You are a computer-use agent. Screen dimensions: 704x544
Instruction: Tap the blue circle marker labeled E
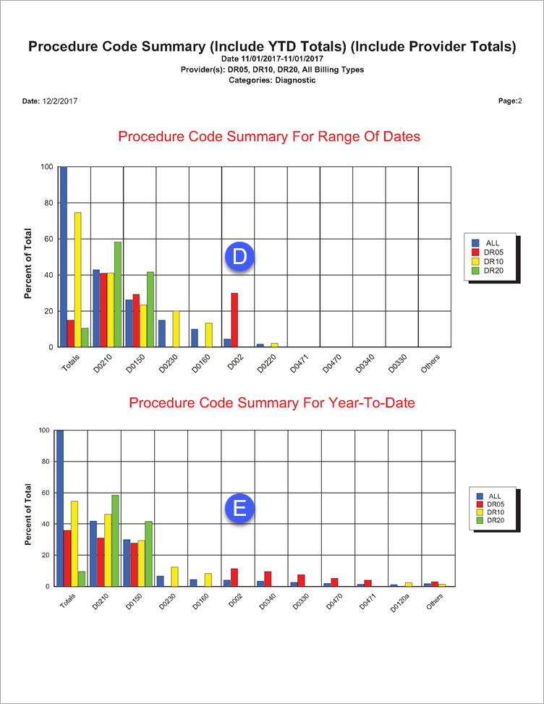(239, 507)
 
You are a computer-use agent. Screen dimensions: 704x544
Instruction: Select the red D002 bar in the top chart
(234, 320)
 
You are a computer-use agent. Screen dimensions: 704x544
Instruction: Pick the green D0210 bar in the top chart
(118, 294)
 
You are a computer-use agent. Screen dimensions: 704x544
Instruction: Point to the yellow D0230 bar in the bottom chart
(173, 576)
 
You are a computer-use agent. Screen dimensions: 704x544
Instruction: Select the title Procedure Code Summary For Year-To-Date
(272, 403)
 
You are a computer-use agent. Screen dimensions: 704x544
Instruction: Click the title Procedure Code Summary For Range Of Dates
(269, 137)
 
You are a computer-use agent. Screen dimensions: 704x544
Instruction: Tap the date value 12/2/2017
(59, 101)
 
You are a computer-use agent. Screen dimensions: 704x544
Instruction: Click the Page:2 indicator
(509, 101)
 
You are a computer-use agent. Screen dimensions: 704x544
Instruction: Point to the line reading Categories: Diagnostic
(272, 80)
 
